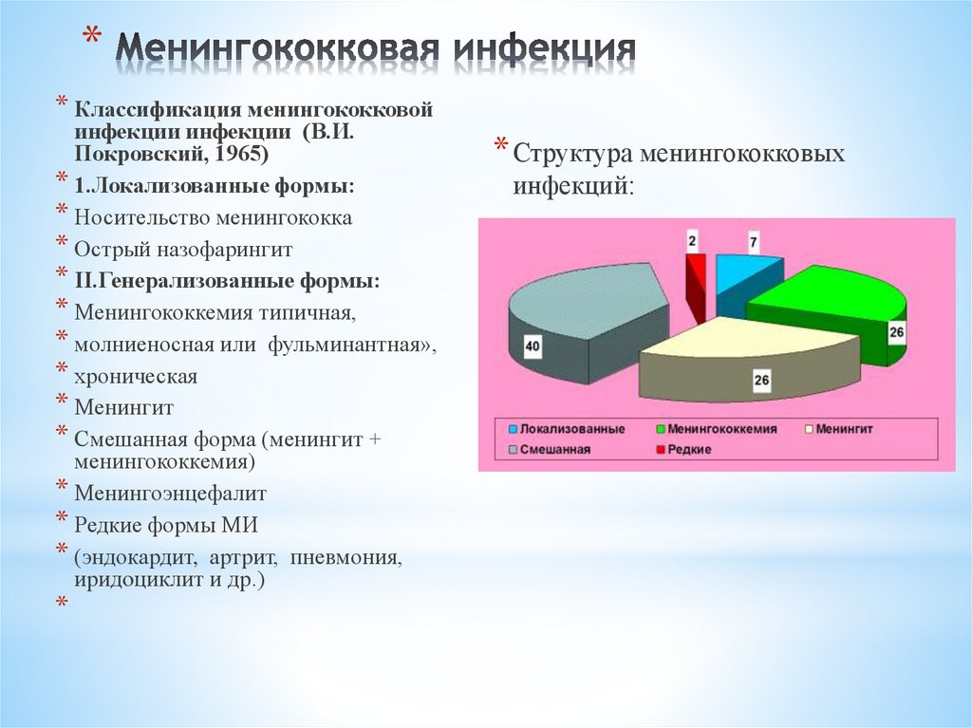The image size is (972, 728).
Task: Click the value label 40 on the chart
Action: pos(533,347)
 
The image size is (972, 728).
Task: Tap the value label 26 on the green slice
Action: pos(896,332)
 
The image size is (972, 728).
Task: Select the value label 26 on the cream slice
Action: pos(762,381)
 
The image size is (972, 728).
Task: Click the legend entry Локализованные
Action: pos(567,429)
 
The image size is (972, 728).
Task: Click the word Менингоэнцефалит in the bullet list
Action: pos(171,494)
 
